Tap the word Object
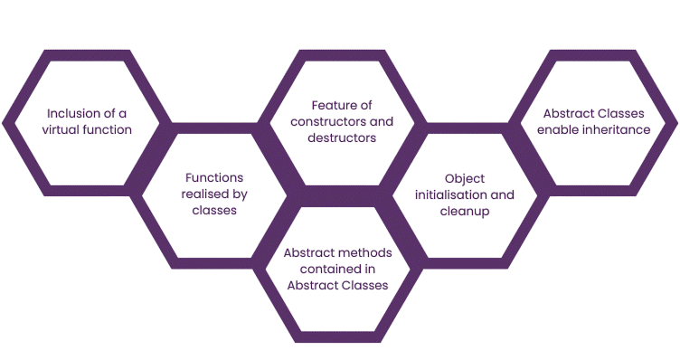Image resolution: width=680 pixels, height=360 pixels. click(x=466, y=178)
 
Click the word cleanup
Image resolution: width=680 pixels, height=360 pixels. click(x=466, y=211)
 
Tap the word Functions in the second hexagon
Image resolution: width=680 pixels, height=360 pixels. click(x=214, y=178)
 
